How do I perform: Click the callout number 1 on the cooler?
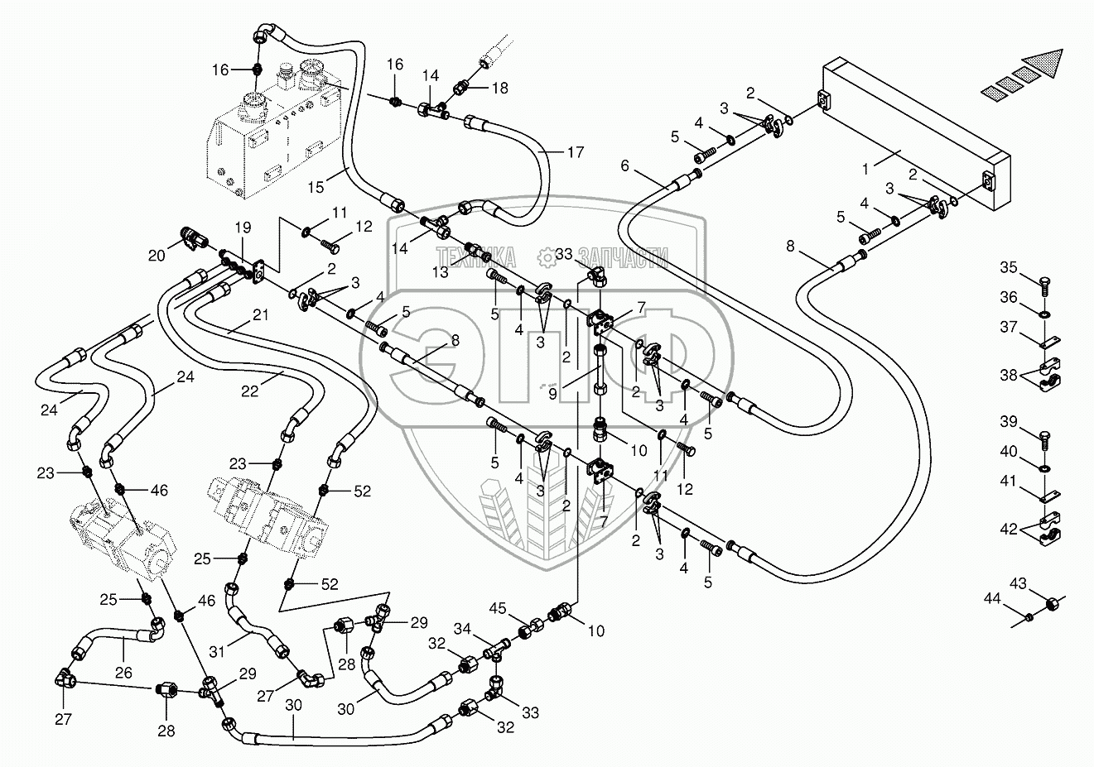click(x=865, y=170)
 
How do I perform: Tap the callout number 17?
click(x=576, y=153)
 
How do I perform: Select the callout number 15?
click(x=316, y=187)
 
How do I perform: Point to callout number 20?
click(x=157, y=255)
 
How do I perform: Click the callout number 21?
click(x=260, y=314)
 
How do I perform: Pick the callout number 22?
click(x=249, y=391)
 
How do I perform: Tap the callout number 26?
click(x=123, y=673)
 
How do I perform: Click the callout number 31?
click(x=217, y=651)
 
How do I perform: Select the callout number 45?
click(x=498, y=608)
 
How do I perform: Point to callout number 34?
click(x=462, y=629)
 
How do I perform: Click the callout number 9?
click(x=552, y=394)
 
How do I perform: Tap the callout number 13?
click(x=440, y=272)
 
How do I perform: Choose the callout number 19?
click(x=243, y=228)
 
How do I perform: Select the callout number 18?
click(x=500, y=88)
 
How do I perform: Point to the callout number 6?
click(x=625, y=165)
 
